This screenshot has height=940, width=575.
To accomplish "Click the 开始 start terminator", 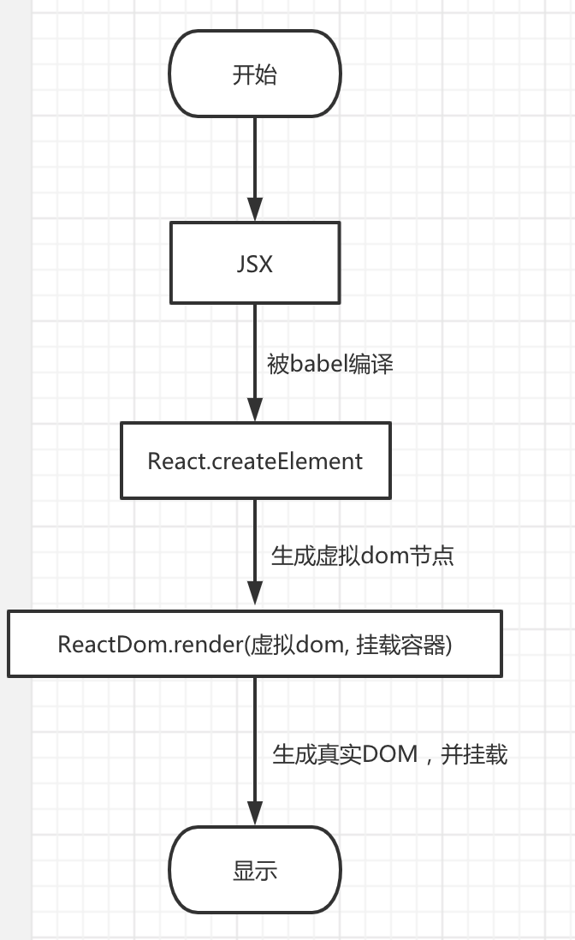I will [255, 74].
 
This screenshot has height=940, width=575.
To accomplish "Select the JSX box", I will [255, 263].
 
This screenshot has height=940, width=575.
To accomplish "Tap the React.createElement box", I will [255, 461].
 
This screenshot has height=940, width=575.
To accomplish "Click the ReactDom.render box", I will [255, 644].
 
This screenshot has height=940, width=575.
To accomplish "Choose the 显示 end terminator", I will [255, 872].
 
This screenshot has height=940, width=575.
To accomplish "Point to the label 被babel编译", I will [330, 363].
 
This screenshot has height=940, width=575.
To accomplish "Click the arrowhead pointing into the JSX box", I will [255, 211].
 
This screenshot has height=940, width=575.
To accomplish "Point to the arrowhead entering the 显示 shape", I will [255, 814].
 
